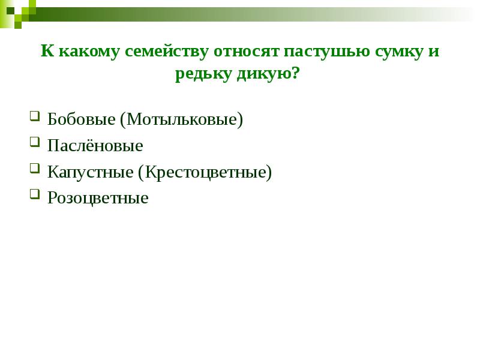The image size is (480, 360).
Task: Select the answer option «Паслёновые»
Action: pyautogui.click(x=95, y=146)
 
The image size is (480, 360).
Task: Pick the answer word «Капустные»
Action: pyautogui.click(x=90, y=173)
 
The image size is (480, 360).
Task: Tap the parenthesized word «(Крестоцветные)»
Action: pyautogui.click(x=205, y=173)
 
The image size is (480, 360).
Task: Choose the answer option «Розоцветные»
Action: pyautogui.click(x=98, y=198)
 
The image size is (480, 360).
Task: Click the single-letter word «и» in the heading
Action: pyautogui.click(x=434, y=53)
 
